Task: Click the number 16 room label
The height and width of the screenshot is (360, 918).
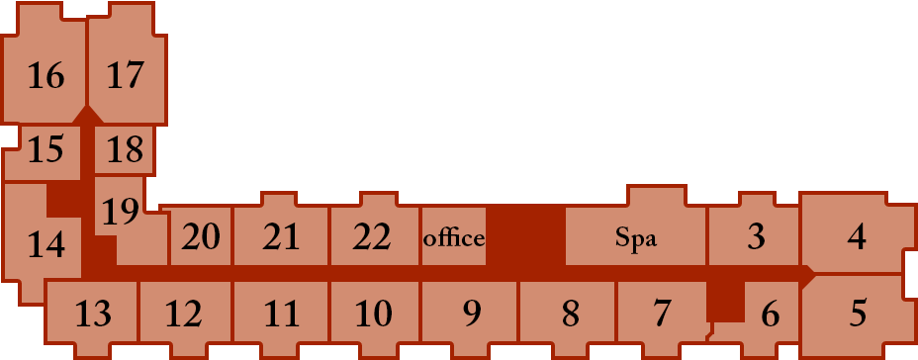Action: (x=46, y=76)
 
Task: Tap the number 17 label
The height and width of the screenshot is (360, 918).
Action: (x=126, y=75)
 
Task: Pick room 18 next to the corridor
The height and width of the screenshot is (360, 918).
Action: (x=125, y=150)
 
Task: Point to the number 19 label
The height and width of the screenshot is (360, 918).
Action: (x=121, y=212)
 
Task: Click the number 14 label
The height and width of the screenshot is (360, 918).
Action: (x=46, y=244)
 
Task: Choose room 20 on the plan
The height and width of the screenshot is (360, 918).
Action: (x=200, y=236)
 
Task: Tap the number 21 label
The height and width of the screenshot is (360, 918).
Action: (x=281, y=237)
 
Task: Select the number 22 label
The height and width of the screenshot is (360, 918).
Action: (x=372, y=237)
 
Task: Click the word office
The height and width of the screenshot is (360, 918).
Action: (x=454, y=237)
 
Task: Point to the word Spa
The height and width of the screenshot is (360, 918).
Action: (x=636, y=238)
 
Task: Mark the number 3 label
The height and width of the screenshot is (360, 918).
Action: (x=757, y=236)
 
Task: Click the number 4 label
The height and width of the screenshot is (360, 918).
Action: (x=857, y=237)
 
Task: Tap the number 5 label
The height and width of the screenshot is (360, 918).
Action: (x=858, y=314)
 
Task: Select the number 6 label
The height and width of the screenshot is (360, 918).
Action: (x=771, y=315)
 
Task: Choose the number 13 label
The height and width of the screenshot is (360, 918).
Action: (x=93, y=314)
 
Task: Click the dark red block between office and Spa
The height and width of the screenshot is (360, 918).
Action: (x=525, y=236)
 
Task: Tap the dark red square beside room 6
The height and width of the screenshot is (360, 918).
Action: (x=726, y=301)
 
